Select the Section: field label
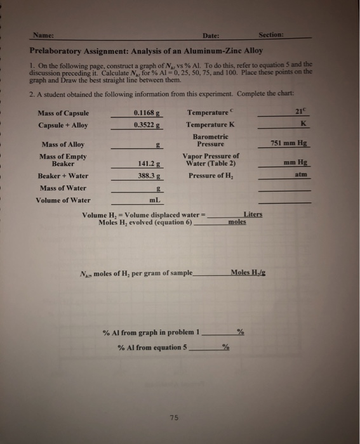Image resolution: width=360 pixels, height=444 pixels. (274, 35)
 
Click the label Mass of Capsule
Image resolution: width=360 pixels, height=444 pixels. (64, 113)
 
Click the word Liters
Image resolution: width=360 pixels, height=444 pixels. (253, 214)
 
